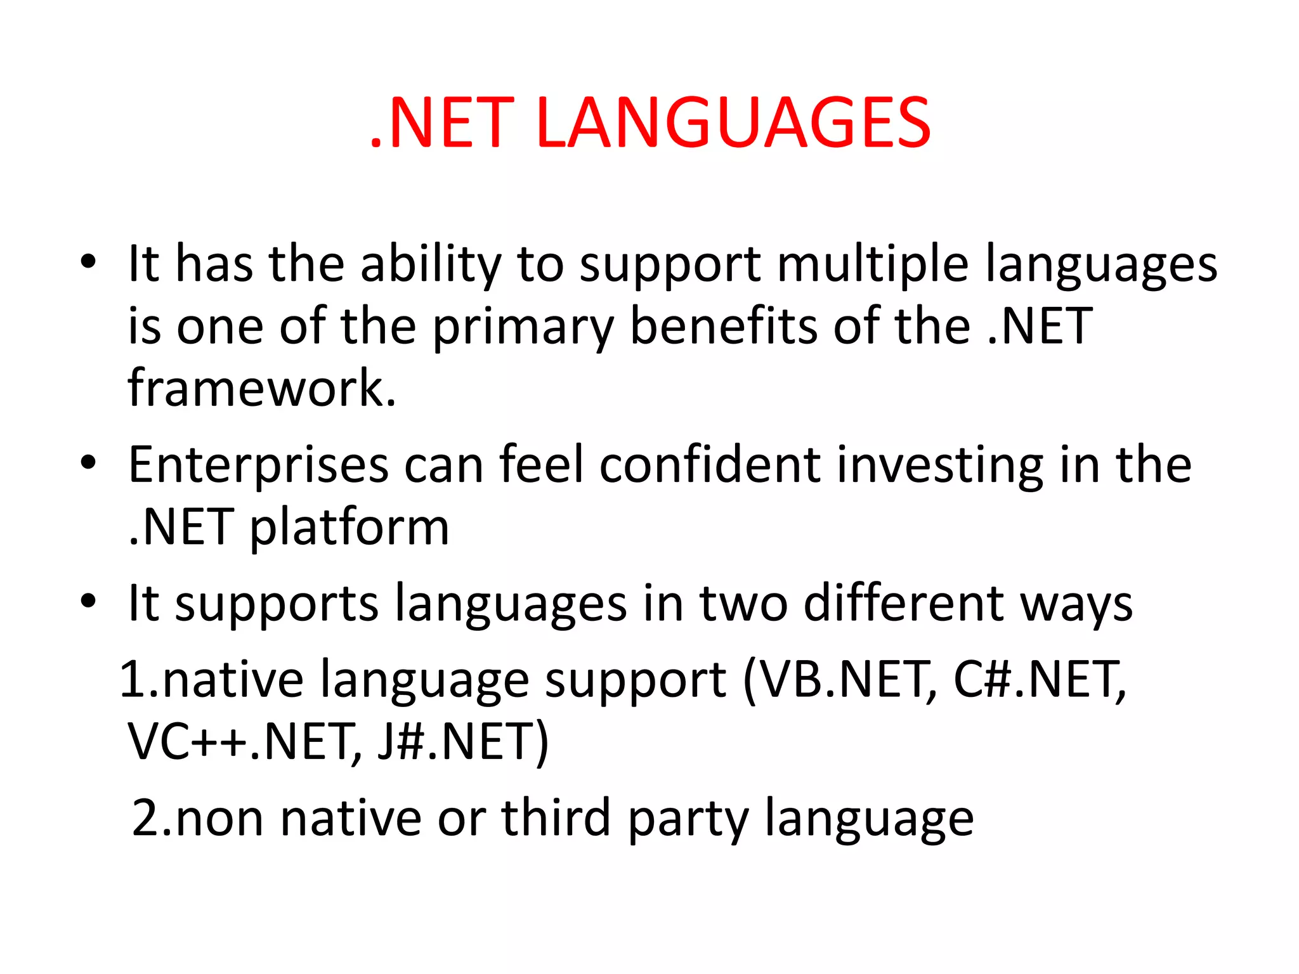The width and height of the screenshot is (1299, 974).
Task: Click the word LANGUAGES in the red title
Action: [x=733, y=123]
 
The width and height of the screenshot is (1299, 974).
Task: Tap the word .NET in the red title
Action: [x=442, y=123]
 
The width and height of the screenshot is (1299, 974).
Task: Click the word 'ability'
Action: [x=431, y=265]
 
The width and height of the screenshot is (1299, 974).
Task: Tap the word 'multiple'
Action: [x=873, y=265]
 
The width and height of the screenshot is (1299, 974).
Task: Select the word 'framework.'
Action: [x=262, y=387]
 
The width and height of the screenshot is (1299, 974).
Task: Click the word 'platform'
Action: [x=349, y=528]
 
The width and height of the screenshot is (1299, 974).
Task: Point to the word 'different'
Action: [x=904, y=603]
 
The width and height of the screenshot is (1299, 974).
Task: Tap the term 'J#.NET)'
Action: [x=462, y=743]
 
